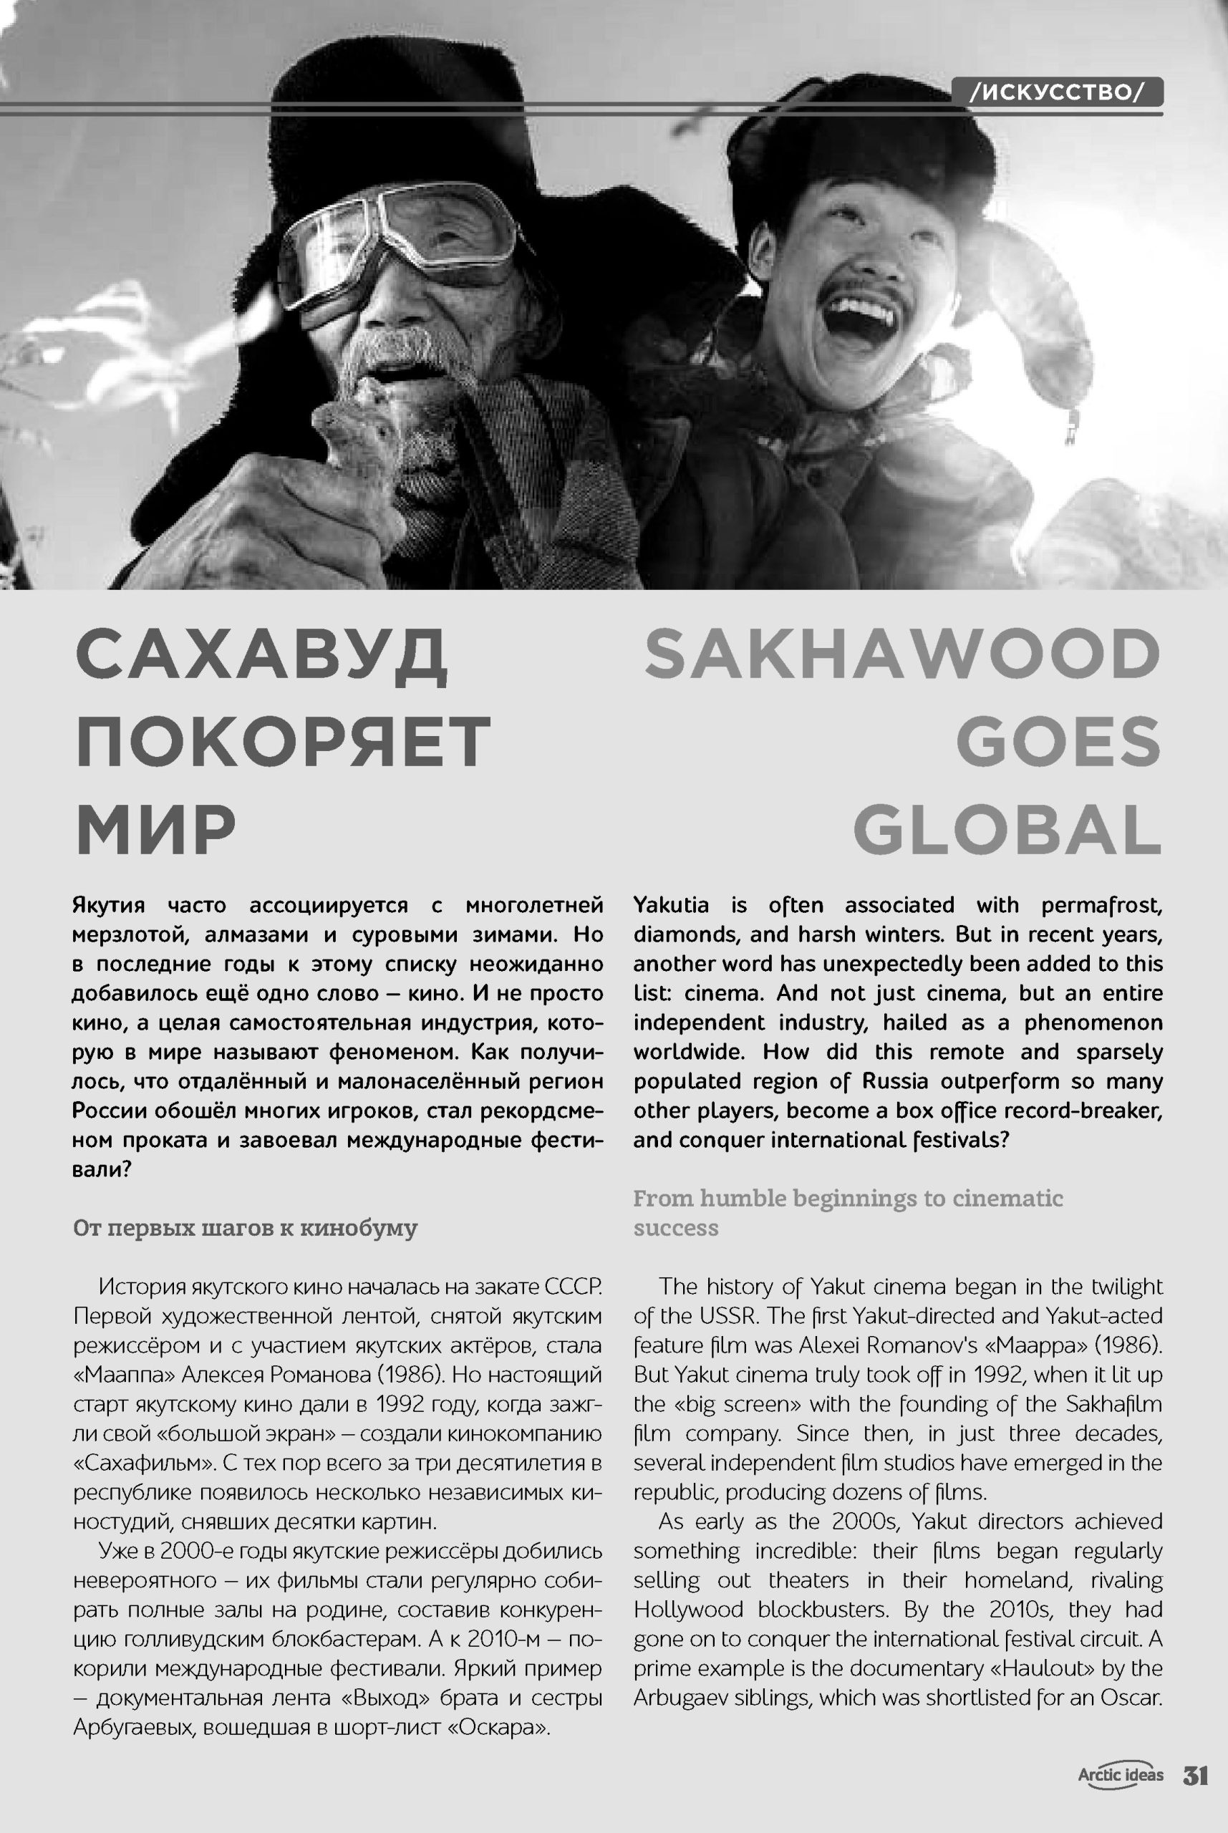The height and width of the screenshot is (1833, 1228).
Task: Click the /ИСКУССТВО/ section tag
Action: (1056, 92)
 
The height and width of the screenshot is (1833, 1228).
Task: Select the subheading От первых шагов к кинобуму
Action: (245, 1227)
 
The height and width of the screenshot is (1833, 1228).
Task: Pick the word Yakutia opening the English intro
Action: (671, 905)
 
